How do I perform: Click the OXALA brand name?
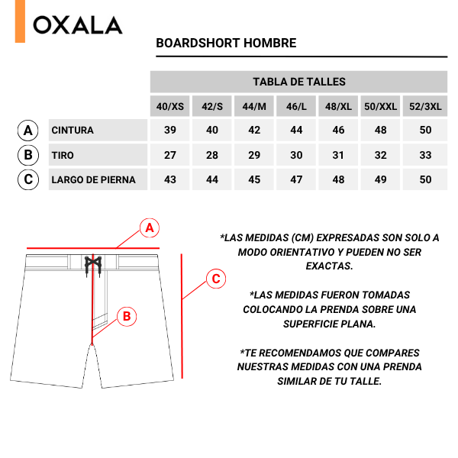[x=78, y=25]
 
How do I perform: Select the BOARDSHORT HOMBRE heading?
[x=226, y=43]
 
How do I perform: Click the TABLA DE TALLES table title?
[x=298, y=82]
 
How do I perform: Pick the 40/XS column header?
[x=170, y=107]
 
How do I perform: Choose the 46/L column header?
[x=296, y=107]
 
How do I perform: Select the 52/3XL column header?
[x=425, y=107]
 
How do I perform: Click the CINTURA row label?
[x=73, y=131]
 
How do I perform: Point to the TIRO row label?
[x=63, y=156]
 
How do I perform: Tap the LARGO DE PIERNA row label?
[x=93, y=180]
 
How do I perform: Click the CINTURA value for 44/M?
[x=254, y=131]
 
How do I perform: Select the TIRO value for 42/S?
[x=212, y=156]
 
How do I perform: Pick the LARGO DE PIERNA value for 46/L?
[x=296, y=180]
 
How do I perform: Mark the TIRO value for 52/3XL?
[x=425, y=156]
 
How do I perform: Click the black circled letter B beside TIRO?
[x=28, y=156]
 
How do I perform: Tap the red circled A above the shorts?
[x=150, y=227]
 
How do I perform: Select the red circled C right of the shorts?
[x=216, y=279]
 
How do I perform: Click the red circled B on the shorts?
[x=127, y=316]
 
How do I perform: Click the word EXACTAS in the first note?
[x=329, y=266]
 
